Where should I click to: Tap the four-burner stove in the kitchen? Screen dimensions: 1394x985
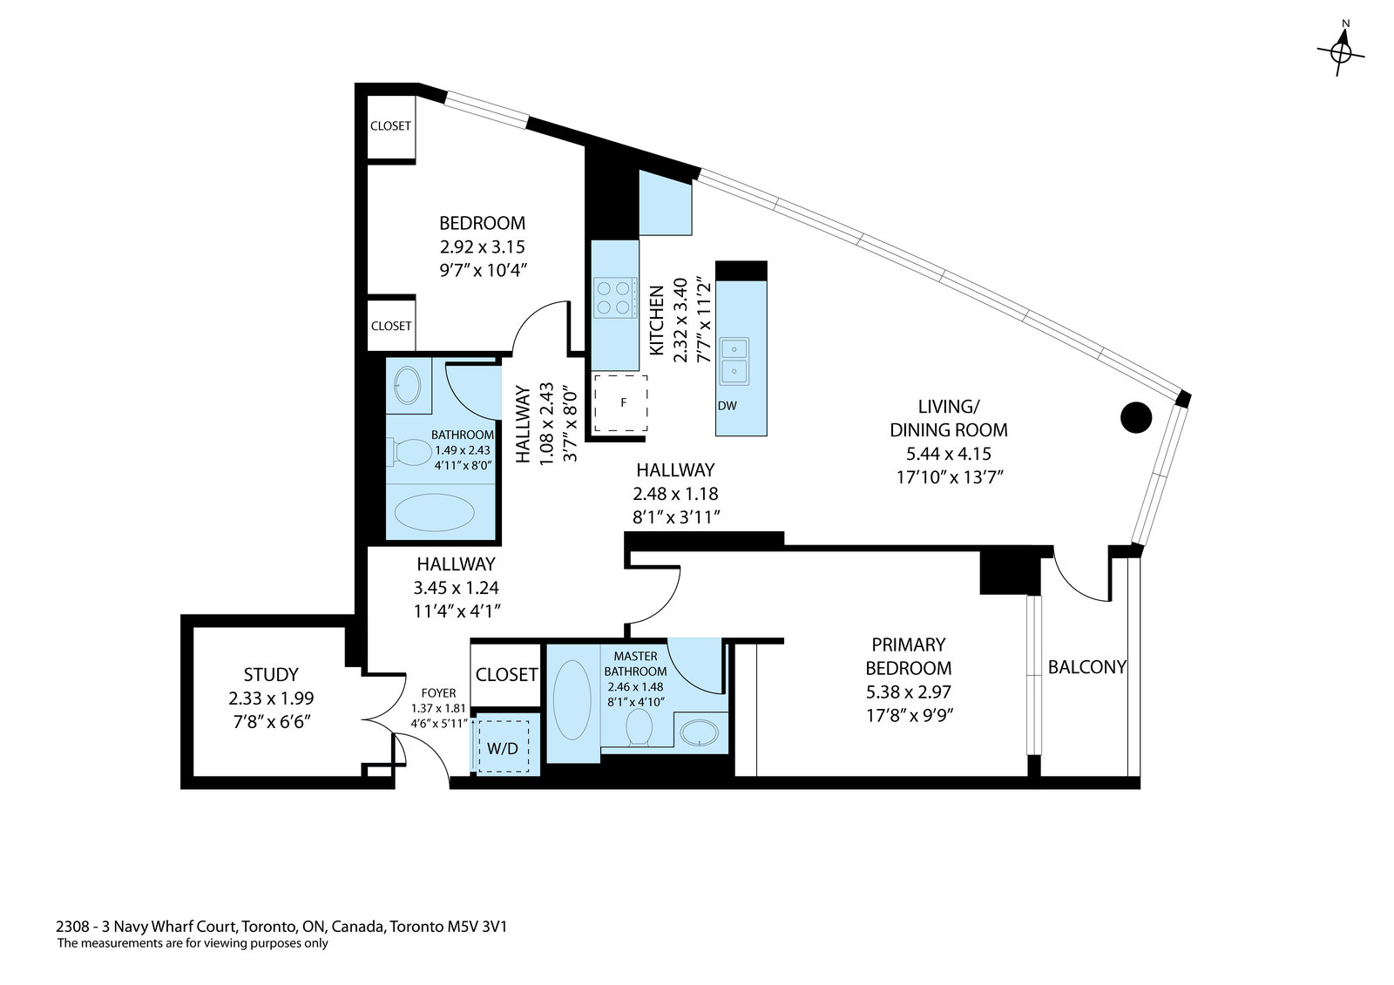pyautogui.click(x=615, y=298)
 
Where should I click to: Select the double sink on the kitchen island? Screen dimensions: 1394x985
pyautogui.click(x=734, y=361)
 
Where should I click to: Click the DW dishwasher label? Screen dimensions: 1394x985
pyautogui.click(x=727, y=406)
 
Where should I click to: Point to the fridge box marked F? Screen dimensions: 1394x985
pyautogui.click(x=620, y=402)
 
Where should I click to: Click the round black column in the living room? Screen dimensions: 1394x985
pyautogui.click(x=1136, y=417)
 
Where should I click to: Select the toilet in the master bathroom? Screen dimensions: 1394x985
pyautogui.click(x=639, y=726)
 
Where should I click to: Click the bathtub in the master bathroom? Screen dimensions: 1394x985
pyautogui.click(x=572, y=699)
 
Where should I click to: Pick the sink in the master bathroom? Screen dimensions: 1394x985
pyautogui.click(x=700, y=733)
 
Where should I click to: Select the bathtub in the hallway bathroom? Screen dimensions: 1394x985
pyautogui.click(x=435, y=512)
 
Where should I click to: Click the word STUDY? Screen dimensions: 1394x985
pyautogui.click(x=271, y=674)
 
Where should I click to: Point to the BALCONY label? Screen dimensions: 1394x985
pyautogui.click(x=1086, y=667)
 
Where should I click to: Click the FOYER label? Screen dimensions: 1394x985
pyautogui.click(x=439, y=693)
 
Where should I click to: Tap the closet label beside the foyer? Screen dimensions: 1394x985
pyautogui.click(x=506, y=674)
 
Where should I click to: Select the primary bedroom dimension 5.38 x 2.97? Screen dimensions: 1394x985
pyautogui.click(x=909, y=692)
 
